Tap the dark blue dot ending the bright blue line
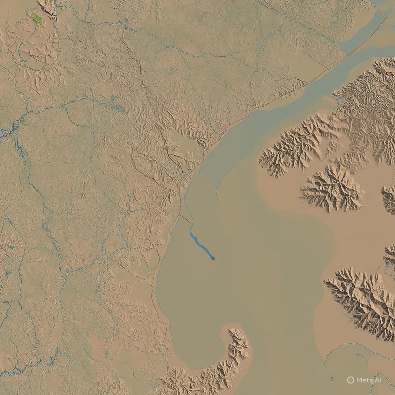coord(213,258)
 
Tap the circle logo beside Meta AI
coord(350,380)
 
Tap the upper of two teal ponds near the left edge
coord(11,247)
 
